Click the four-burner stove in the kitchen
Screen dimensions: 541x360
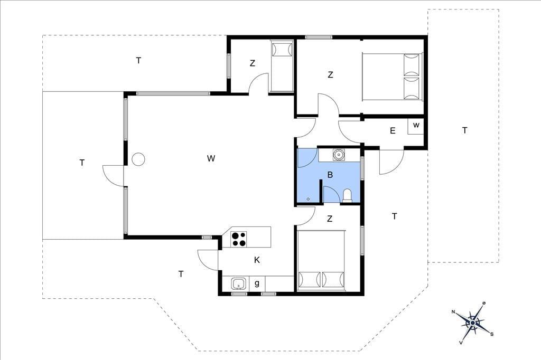coord(239,239)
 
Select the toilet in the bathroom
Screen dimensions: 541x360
coord(347,195)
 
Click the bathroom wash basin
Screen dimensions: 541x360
coord(339,155)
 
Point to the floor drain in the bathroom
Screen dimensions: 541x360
coord(308,199)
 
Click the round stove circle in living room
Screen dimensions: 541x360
coord(138,159)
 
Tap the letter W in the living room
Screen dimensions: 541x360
coord(211,158)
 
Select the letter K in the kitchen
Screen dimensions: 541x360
coord(257,260)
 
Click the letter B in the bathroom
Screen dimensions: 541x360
coord(330,175)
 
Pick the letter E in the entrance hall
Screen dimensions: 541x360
coord(393,131)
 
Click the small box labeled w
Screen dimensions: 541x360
coord(416,126)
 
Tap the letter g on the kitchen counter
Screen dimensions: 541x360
coord(257,283)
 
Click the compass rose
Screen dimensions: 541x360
coord(473,323)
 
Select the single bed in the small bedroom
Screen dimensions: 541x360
coord(282,67)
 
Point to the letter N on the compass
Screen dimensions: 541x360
coord(453,312)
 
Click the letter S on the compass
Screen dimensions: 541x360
coord(492,334)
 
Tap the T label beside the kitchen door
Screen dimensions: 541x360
coord(181,274)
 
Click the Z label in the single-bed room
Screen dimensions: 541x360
coord(253,63)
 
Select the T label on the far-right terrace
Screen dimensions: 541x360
coord(465,130)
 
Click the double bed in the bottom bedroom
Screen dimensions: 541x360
coord(321,260)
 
